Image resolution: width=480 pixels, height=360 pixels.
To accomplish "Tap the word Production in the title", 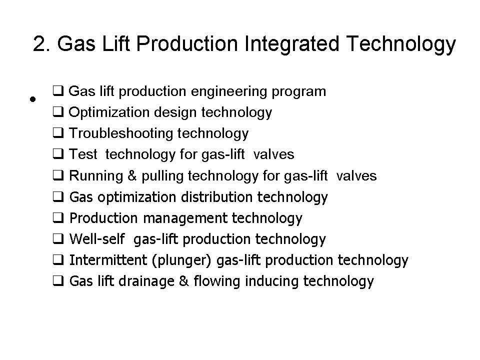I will pos(187,44).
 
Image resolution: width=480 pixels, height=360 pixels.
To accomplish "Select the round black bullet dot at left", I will pos(32,98).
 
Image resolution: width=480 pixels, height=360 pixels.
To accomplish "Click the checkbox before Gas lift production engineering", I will pos(58,91).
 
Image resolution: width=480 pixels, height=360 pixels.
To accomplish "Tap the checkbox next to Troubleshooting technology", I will pos(58,133).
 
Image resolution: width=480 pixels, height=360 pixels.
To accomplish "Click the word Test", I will pos(83,154).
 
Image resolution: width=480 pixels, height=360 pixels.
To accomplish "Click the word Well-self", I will pos(96,239).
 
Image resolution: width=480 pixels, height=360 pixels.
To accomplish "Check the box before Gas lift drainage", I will pos(58,281).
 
